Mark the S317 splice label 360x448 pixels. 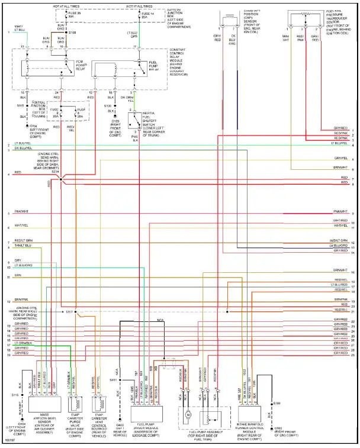[69, 311]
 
